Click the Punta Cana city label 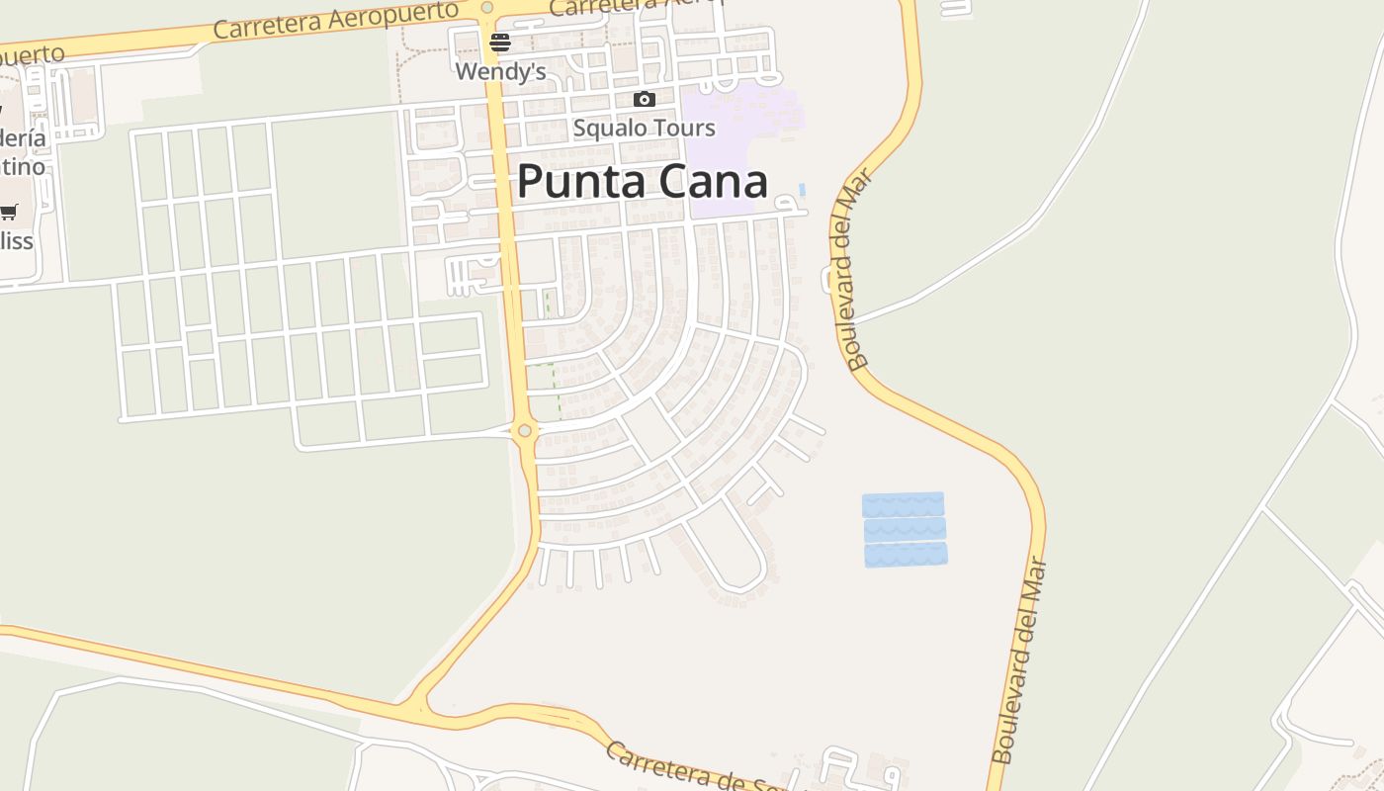click(643, 182)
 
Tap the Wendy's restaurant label click(500, 71)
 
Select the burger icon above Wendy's click(500, 42)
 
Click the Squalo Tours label click(644, 128)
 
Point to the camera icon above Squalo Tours click(644, 99)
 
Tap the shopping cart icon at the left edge click(9, 211)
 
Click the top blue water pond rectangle click(903, 504)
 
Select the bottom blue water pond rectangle click(906, 554)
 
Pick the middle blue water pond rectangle click(905, 529)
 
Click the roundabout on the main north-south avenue click(524, 430)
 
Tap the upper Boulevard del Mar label click(852, 269)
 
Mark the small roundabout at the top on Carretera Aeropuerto click(486, 8)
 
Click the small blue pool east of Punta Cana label click(802, 189)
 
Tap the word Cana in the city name click(716, 182)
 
